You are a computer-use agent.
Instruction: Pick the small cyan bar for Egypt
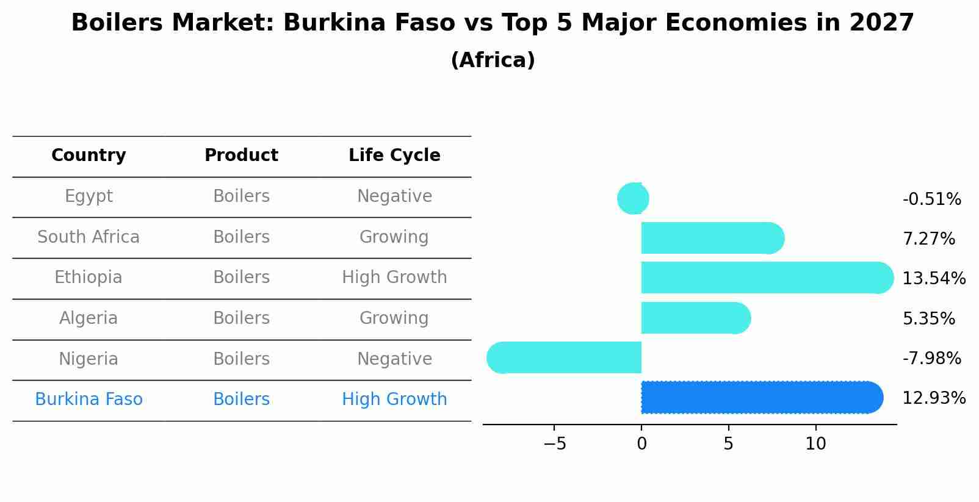(x=633, y=198)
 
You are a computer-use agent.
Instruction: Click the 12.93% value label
(x=934, y=398)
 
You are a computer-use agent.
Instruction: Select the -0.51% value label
(x=931, y=199)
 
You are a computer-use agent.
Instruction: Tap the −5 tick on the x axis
(x=554, y=444)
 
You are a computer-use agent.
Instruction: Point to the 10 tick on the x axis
(x=815, y=444)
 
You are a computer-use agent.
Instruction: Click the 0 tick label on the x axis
(x=641, y=444)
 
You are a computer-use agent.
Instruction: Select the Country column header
(x=89, y=156)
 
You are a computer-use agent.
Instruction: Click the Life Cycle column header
(x=394, y=156)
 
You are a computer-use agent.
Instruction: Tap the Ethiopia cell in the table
(x=89, y=278)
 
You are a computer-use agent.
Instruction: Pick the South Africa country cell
(x=89, y=237)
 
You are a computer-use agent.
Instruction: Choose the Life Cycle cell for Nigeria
(x=394, y=359)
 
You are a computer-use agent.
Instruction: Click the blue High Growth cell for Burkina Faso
(x=394, y=400)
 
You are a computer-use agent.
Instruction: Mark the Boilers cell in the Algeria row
(x=241, y=318)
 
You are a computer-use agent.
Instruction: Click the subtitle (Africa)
(x=493, y=60)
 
